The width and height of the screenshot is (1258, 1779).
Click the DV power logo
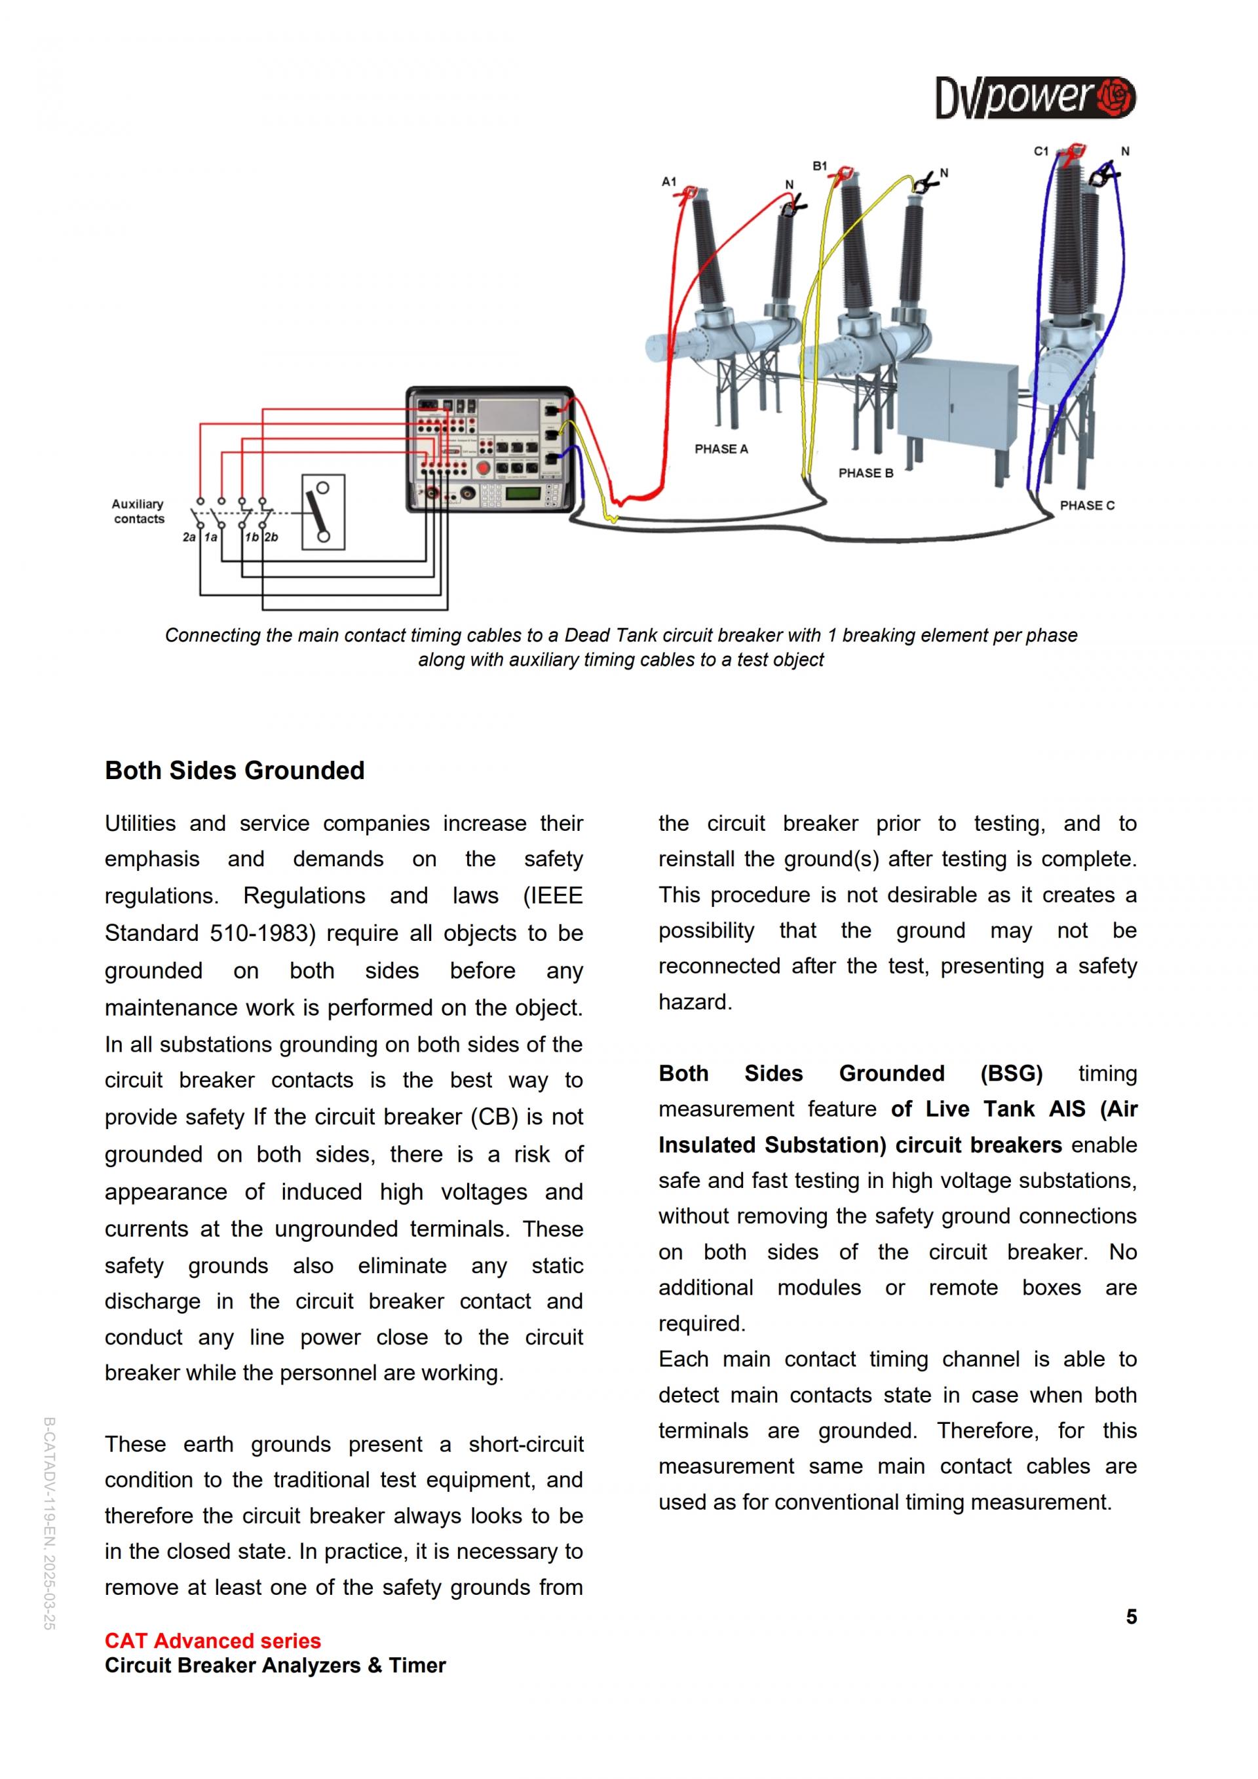tap(1035, 98)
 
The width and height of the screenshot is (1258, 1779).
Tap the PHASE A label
tap(721, 450)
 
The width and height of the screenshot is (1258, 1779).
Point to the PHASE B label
tap(866, 474)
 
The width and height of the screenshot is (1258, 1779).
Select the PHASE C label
tap(1087, 506)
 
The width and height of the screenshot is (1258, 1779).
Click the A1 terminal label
tap(668, 182)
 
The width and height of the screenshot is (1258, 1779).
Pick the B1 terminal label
tap(820, 166)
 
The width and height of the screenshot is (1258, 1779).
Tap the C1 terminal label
tap(1041, 151)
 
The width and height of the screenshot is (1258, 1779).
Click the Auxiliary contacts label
tap(138, 511)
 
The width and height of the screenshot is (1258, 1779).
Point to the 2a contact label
tap(189, 537)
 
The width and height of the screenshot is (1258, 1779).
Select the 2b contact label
tap(271, 537)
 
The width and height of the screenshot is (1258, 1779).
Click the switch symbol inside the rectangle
tap(323, 512)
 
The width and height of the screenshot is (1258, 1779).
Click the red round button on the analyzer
tap(483, 467)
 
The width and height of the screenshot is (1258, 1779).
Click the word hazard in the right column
tap(693, 1002)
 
